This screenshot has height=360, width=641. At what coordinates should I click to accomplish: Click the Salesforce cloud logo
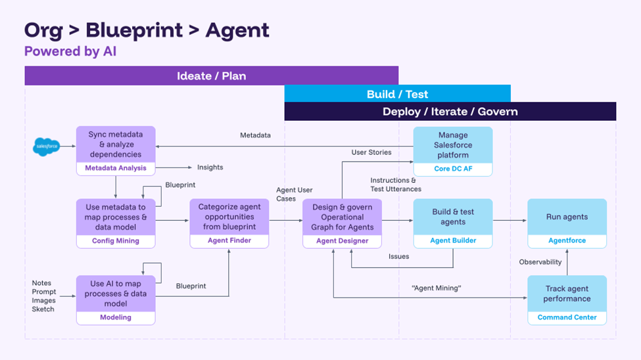point(47,146)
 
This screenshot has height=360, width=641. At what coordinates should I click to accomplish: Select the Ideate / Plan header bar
point(211,76)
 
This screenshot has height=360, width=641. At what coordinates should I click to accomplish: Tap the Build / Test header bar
point(397,94)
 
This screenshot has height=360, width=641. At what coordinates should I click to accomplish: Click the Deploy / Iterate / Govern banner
point(450,112)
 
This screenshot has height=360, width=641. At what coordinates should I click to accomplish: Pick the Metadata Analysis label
point(116,168)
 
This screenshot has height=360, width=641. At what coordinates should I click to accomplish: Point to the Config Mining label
point(116,241)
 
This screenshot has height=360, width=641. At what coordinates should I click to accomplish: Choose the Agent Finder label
point(229,240)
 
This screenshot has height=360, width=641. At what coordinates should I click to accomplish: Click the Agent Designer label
point(342,241)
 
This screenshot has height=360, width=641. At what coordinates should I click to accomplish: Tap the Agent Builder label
point(453,240)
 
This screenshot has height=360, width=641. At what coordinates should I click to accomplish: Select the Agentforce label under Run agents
point(567,240)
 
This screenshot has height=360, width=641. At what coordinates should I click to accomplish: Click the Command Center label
point(567,317)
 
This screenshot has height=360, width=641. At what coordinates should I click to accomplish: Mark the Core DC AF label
point(453,169)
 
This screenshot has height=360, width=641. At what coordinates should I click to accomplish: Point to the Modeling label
point(116,317)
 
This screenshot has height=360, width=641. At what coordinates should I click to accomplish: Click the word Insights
point(210,168)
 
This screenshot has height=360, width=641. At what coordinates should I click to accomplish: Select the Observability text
point(540,262)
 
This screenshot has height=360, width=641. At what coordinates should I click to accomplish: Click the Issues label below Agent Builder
point(398,257)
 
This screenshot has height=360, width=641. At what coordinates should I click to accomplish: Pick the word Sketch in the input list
point(43,309)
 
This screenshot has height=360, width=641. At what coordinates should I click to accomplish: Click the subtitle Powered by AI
point(70,51)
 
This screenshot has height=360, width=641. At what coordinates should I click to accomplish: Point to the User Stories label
point(371,152)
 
